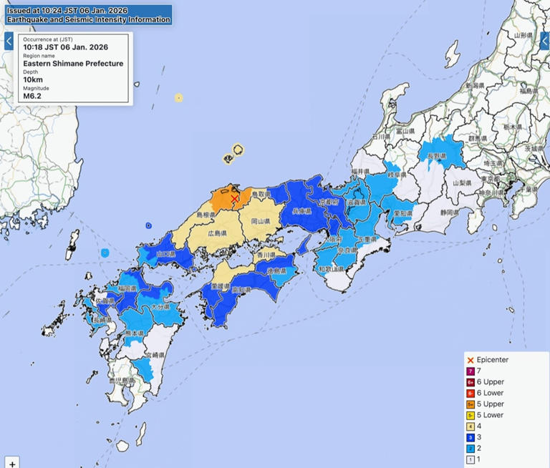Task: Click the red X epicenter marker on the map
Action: [235, 198]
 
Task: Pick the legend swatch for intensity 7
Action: [471, 371]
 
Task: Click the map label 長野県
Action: [437, 157]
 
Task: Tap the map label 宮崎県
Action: [155, 355]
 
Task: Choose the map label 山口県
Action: [165, 254]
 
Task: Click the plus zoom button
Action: [12, 462]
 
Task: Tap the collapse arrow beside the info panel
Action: [9, 42]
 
